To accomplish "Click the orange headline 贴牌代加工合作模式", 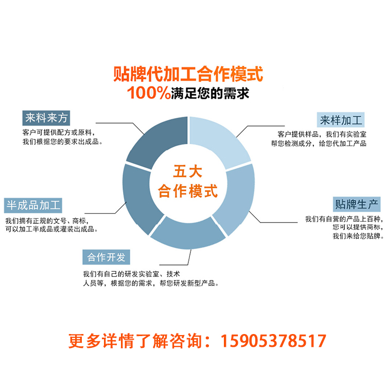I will pos(188,74).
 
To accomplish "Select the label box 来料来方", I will pos(46,117).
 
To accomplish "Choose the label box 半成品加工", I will pos(33,205).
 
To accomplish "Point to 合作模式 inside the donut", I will pos(188,191).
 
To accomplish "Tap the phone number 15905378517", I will pos(273,341).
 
